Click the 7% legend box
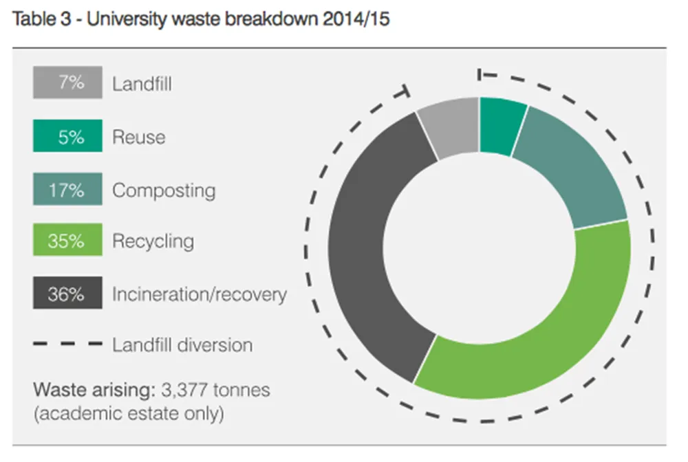click(67, 83)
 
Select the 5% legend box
click(67, 136)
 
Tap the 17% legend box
click(67, 189)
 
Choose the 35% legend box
click(67, 242)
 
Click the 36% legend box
click(67, 294)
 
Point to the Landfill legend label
click(142, 85)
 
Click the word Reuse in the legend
click(139, 137)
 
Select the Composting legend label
click(164, 190)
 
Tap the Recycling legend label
click(153, 242)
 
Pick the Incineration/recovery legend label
click(200, 295)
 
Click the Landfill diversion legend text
click(182, 344)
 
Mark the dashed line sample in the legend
click(67, 344)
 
